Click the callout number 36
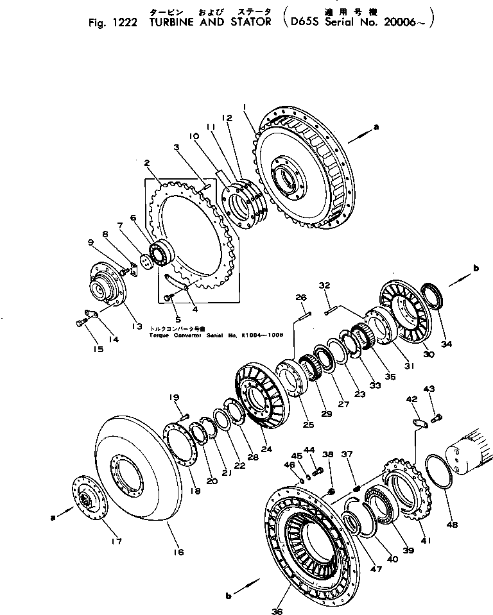tap(277, 611)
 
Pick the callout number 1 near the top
tap(245, 105)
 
